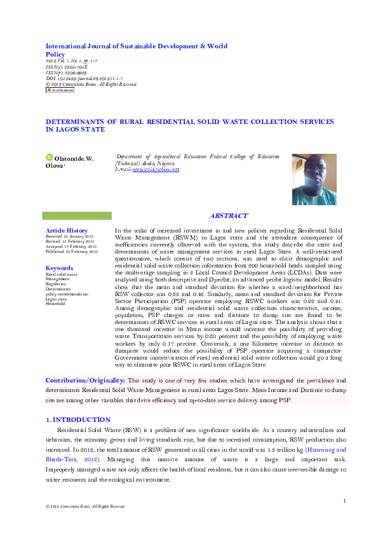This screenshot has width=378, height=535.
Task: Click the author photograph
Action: (x=314, y=179)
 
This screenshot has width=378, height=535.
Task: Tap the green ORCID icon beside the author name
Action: (x=49, y=158)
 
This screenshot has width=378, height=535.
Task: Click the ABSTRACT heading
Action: (x=229, y=216)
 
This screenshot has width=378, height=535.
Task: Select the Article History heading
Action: (x=66, y=230)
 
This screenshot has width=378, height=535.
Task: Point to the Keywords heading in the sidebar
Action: (x=60, y=268)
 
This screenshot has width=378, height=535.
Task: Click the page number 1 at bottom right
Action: (x=344, y=501)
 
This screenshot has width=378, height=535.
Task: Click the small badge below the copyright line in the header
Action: (x=60, y=90)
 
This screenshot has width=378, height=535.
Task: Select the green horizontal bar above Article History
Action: (x=76, y=216)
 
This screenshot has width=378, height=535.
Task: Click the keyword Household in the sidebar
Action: (x=55, y=304)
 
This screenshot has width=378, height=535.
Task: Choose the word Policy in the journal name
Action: (x=56, y=55)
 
